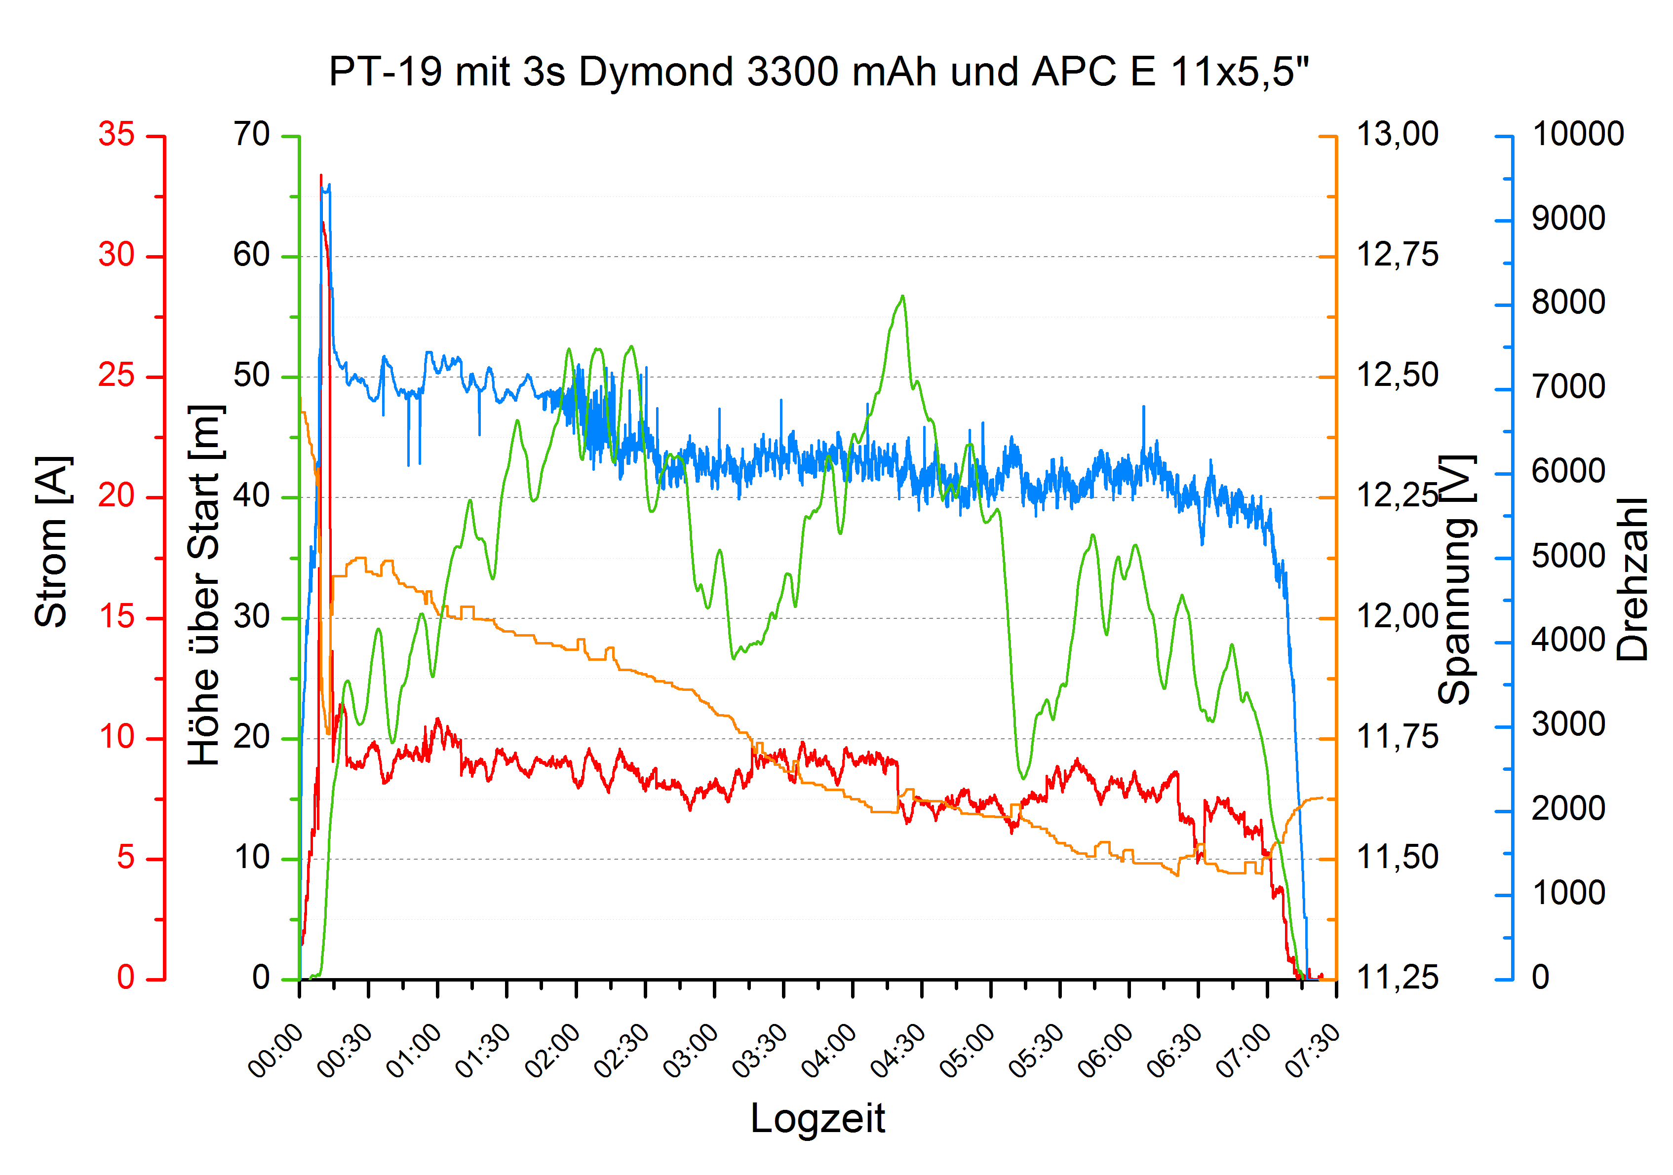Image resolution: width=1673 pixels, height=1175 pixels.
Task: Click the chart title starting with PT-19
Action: click(819, 72)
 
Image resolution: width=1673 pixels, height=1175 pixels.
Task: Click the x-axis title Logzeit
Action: click(817, 1118)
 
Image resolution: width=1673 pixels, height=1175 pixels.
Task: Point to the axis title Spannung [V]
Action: click(1457, 579)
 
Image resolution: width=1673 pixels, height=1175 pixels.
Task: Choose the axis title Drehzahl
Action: click(1632, 579)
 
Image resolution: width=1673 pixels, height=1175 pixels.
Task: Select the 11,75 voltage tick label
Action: click(1397, 737)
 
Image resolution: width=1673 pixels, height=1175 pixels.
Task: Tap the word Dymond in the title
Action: click(656, 72)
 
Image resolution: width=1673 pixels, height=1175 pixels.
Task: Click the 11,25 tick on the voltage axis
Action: click(1397, 978)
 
